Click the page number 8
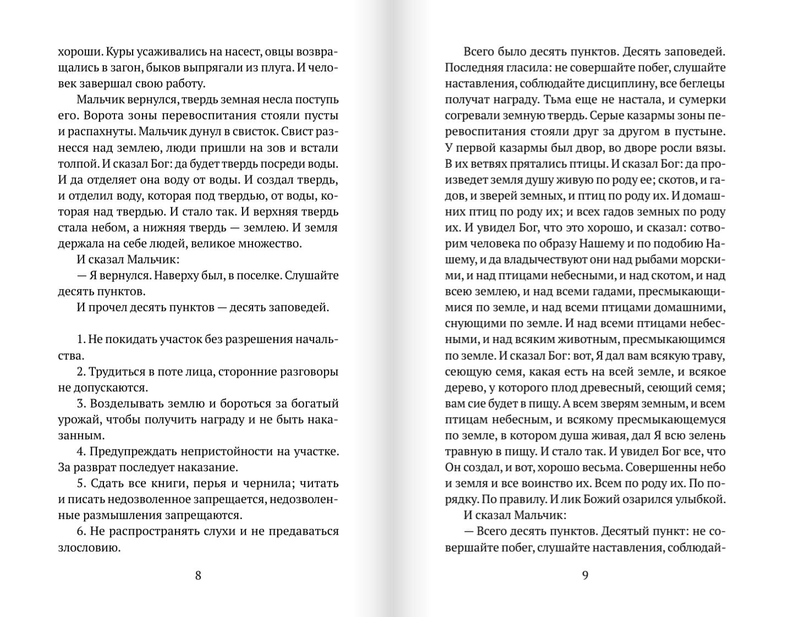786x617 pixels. [x=198, y=575]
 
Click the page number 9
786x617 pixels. [x=585, y=575]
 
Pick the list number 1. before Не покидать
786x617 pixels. [x=81, y=339]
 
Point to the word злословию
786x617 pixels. [x=89, y=548]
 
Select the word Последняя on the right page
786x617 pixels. [x=474, y=68]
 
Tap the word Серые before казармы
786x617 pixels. [x=609, y=116]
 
